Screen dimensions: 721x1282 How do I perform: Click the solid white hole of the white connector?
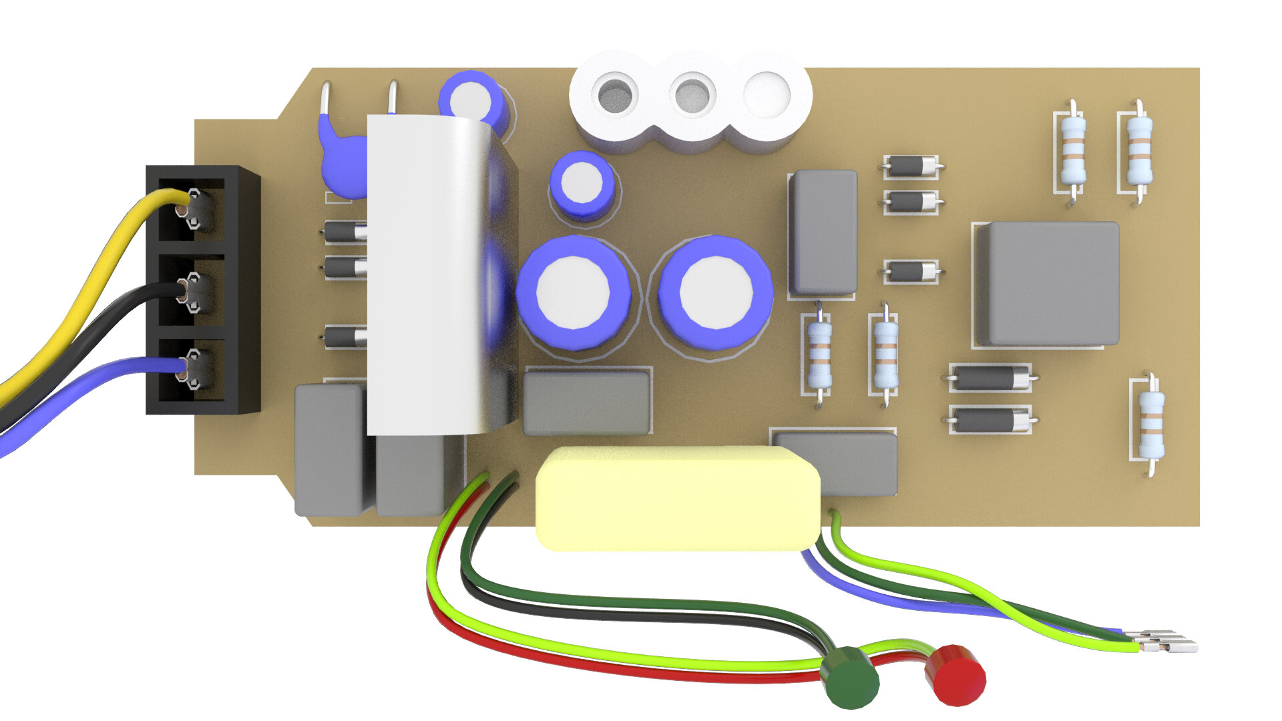click(767, 95)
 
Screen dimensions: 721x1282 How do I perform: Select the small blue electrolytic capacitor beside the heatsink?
click(582, 184)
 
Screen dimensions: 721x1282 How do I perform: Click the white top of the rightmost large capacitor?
click(716, 292)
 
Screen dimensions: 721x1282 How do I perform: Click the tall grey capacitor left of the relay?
click(823, 232)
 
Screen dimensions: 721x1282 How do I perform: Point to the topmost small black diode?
click(911, 166)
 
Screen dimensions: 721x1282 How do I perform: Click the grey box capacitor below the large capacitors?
click(586, 403)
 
